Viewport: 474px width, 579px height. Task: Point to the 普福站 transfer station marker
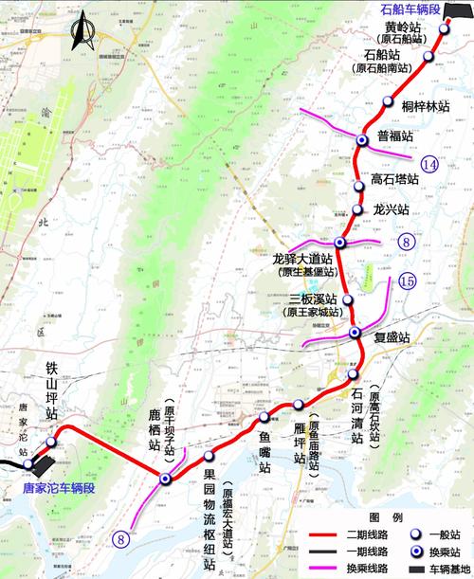[x=361, y=141]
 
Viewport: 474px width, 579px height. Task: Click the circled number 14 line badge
[x=432, y=166]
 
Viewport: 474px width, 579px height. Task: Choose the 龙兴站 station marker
[x=357, y=209]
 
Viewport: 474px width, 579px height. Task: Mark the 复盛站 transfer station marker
[x=355, y=333]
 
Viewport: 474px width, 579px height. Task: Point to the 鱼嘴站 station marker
[x=264, y=418]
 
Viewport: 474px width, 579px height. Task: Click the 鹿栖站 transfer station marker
[x=165, y=479]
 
